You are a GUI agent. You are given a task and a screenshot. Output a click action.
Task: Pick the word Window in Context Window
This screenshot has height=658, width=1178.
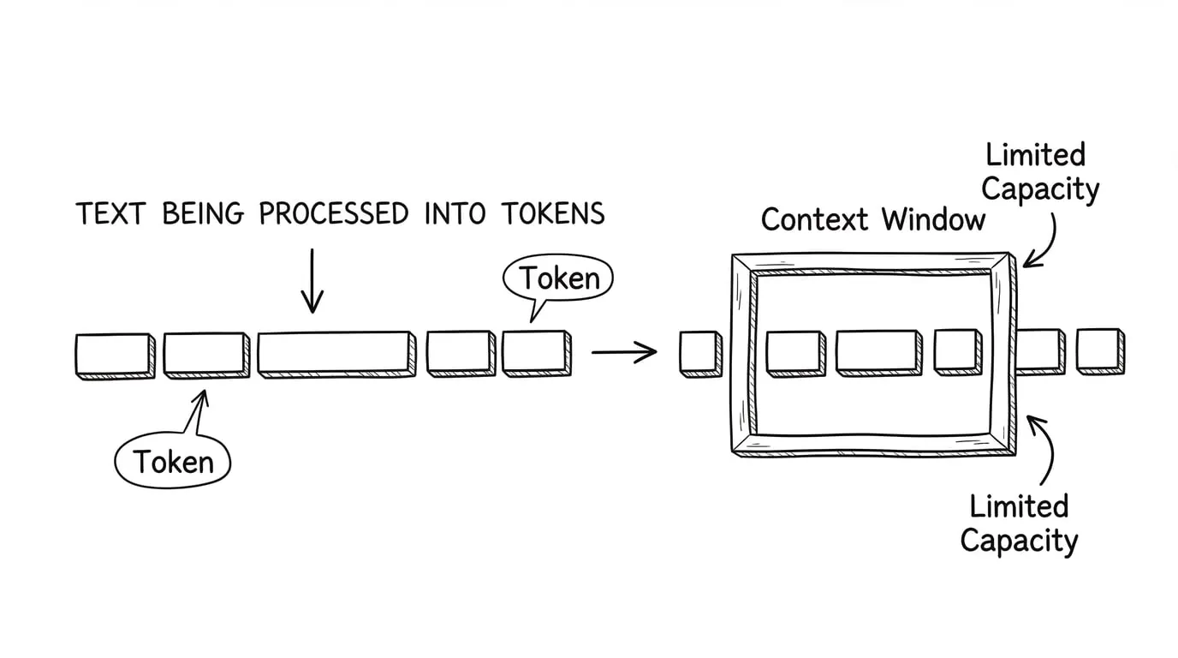point(934,220)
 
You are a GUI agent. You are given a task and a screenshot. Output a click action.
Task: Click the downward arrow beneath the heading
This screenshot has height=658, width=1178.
point(312,281)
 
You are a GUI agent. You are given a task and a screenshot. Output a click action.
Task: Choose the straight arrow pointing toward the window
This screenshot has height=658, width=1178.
point(623,351)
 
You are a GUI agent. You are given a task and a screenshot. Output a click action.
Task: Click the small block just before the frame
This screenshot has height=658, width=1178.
point(700,353)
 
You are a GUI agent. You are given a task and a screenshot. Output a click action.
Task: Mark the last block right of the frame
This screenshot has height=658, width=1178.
point(1099,350)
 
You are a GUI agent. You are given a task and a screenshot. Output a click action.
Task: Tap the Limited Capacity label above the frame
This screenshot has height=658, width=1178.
point(1038,172)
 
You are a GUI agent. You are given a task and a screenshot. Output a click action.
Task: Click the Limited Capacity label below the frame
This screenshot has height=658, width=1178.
point(1019,523)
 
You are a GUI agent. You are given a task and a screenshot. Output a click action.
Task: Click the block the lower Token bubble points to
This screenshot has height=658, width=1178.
point(204,354)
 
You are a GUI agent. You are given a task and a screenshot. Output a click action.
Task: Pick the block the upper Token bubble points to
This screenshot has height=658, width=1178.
point(536,353)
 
